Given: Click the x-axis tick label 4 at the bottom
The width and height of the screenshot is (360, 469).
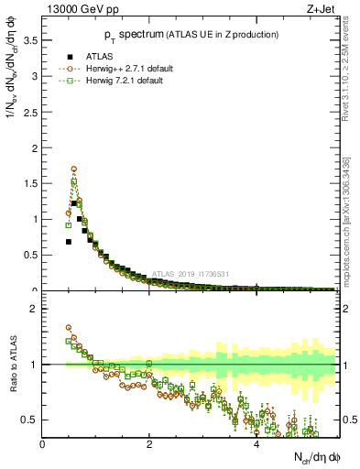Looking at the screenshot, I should pos(256,445).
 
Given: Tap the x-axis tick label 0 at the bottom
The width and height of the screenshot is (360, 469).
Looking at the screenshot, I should pos(43,445).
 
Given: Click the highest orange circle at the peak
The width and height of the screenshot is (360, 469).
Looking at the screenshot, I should pos(74,169).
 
